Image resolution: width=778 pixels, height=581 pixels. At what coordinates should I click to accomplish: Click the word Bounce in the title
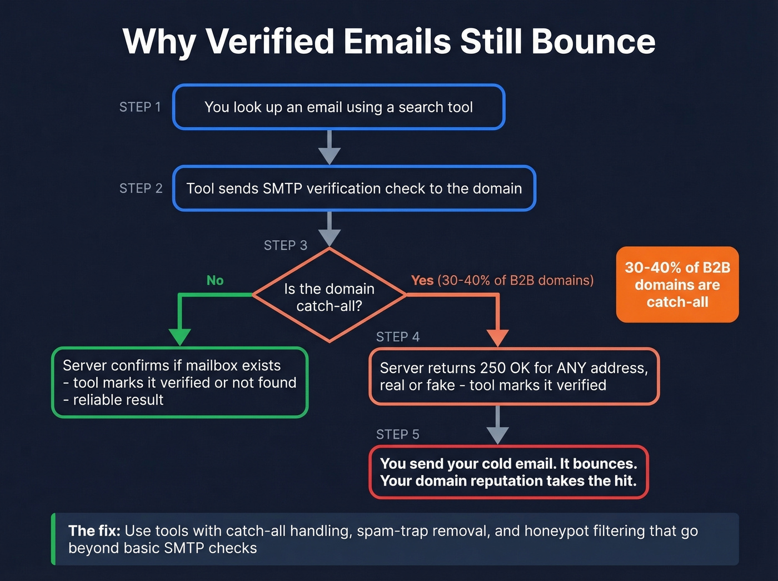coord(593,42)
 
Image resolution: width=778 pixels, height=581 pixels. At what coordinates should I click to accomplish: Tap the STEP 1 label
coord(140,107)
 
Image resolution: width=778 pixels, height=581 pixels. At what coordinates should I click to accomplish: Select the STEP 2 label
coord(141,188)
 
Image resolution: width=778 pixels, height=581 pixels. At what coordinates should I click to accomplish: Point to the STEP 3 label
coord(285,245)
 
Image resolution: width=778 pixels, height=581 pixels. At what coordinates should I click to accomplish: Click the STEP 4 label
coord(397,337)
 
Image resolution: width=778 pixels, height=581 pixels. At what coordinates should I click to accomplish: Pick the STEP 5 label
coord(397,434)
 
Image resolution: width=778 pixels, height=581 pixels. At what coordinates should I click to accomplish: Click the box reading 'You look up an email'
coord(338,107)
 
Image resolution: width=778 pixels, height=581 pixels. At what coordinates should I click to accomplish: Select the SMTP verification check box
coord(354,188)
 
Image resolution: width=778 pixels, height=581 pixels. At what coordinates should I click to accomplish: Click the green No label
coord(215,280)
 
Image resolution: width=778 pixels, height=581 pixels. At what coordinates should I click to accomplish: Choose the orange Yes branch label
coord(422,280)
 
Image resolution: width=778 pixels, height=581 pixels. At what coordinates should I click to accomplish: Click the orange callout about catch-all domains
coord(677,285)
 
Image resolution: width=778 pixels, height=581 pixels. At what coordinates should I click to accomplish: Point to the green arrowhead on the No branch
coord(179,337)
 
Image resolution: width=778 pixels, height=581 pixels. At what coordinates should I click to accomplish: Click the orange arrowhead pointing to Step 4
coord(497,337)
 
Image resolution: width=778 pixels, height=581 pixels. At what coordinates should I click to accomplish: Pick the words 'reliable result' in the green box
coord(118,400)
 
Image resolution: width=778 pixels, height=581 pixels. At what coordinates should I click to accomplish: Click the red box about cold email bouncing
coord(508,472)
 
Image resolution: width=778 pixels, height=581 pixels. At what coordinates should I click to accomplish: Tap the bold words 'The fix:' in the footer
coord(94,531)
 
